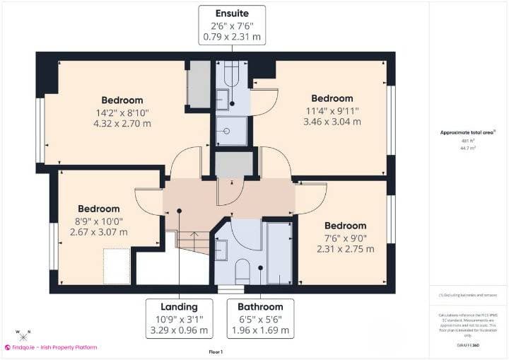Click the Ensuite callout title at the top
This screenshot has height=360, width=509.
point(232,12)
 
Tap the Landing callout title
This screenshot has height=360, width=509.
point(179,306)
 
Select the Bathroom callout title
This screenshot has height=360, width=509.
point(260,306)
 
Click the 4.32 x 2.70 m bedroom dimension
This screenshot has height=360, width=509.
point(122,123)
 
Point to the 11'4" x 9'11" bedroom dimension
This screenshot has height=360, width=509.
point(332,110)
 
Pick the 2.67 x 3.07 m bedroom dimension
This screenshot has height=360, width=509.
point(99,232)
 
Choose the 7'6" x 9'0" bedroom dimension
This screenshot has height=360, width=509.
point(346,238)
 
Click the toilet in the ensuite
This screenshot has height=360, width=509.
point(231,74)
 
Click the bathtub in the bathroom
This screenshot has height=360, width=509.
point(280,253)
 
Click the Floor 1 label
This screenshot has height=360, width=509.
point(216,352)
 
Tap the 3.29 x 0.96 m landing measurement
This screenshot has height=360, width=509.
point(179,330)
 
